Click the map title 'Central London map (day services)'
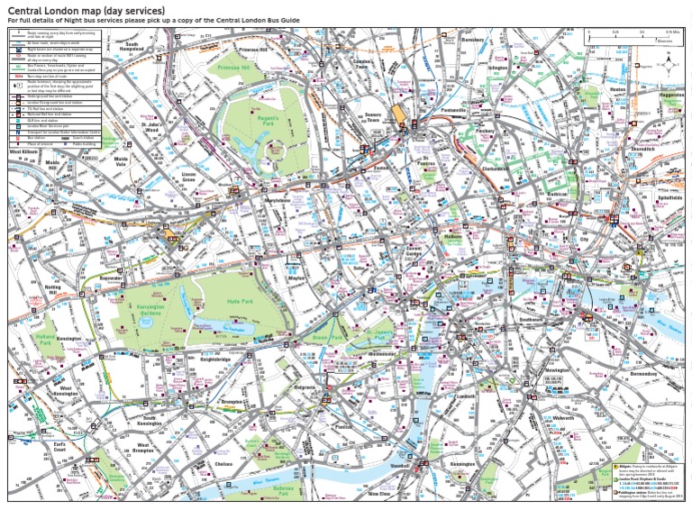[86, 10]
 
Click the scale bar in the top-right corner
[642, 34]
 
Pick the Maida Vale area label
[121, 162]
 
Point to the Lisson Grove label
[188, 178]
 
